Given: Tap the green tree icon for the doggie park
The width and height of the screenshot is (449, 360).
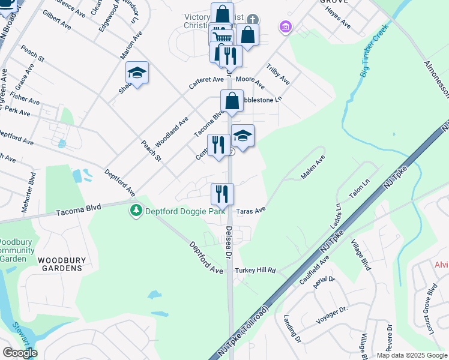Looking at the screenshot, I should click(137, 211).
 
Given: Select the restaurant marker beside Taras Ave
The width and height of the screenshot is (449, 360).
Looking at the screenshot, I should click(222, 193).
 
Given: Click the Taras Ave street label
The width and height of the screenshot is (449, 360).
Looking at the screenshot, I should click(251, 211).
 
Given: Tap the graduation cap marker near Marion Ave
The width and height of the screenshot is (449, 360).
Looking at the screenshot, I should click(137, 73).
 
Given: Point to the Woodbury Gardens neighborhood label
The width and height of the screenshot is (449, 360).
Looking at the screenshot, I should click(60, 264).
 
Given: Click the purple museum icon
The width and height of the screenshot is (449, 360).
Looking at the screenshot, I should click(285, 27).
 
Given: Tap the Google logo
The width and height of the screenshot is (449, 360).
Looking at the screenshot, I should click(20, 353).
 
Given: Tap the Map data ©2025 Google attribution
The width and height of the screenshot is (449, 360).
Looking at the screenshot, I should click(412, 355).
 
